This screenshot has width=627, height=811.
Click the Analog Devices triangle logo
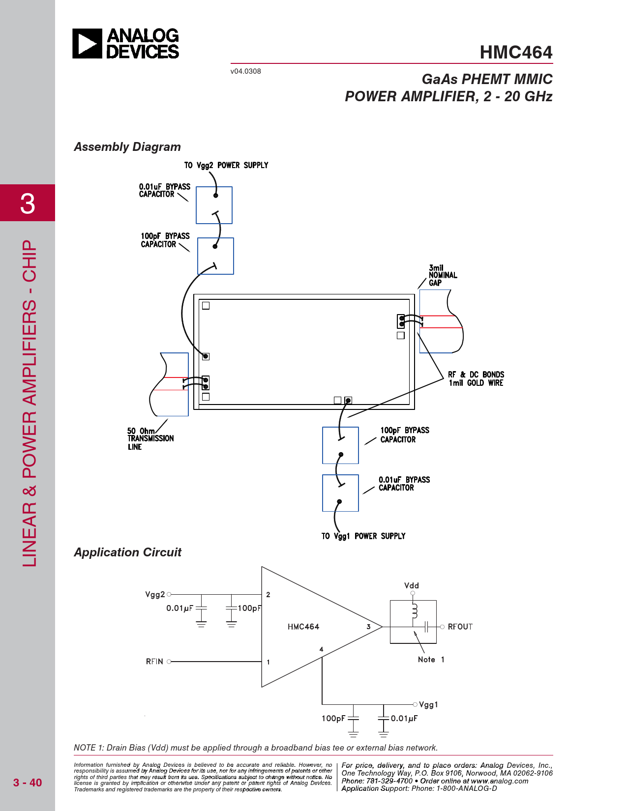click(x=87, y=44)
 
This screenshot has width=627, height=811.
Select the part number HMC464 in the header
click(x=516, y=52)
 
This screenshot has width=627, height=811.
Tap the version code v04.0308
click(x=245, y=71)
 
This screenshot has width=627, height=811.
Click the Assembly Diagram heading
click(x=127, y=147)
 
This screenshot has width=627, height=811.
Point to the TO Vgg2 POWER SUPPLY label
click(x=226, y=165)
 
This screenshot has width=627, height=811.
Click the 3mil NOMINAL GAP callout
click(x=443, y=275)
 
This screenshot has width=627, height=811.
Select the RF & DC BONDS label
click(x=476, y=378)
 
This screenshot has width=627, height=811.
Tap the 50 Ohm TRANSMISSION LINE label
click(x=150, y=438)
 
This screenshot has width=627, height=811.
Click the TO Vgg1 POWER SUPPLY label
click(x=363, y=536)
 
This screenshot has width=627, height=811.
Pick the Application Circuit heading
click(x=128, y=552)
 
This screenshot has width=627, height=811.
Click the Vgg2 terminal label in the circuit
click(x=155, y=595)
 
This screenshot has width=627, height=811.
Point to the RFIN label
click(x=154, y=662)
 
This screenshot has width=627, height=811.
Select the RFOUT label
click(x=460, y=627)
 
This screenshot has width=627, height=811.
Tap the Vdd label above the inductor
click(x=412, y=585)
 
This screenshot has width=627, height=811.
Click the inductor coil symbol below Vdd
click(x=414, y=611)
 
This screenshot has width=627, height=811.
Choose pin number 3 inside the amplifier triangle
click(x=368, y=627)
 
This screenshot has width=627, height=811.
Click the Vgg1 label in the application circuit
click(x=428, y=705)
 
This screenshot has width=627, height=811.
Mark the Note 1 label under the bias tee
click(x=431, y=660)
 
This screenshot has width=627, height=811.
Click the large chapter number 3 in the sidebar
click(x=28, y=203)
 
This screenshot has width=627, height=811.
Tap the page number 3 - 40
click(x=28, y=782)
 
